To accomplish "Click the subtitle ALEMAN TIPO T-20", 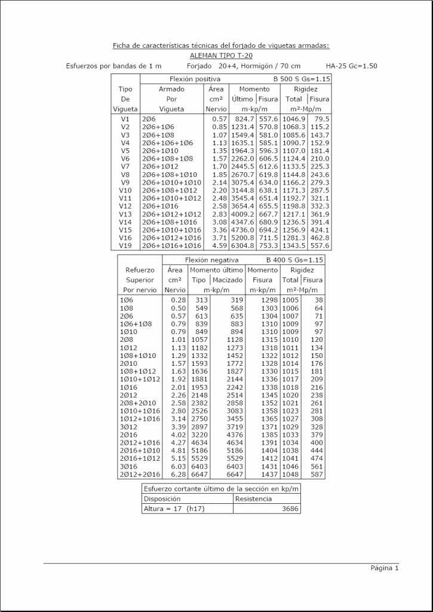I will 220,55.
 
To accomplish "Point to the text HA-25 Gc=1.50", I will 351,66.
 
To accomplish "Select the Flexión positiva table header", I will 195,79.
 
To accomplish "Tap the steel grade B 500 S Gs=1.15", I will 301,79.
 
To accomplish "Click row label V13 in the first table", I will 125,214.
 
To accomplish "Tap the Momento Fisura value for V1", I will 268,119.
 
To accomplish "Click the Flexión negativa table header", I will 211,260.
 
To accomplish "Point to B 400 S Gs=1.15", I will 294,260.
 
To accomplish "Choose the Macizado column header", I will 227,280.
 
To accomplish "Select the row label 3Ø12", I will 127,428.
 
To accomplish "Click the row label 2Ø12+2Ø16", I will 138,475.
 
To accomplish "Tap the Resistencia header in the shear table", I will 253,498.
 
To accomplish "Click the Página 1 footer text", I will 384,568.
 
